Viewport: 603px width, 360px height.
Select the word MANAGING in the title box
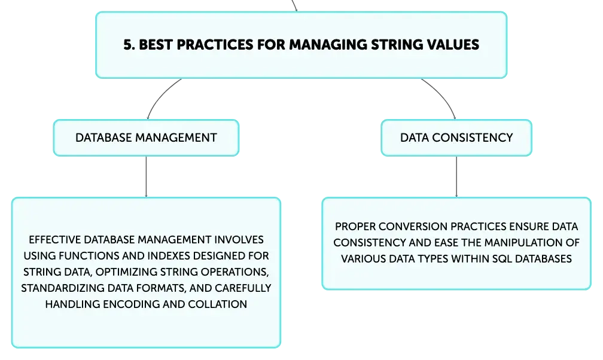[x=328, y=45]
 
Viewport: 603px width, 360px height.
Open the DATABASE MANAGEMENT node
[x=146, y=138]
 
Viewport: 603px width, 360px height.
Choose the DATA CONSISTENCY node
[x=456, y=138]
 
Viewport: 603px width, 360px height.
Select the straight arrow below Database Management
[x=146, y=176]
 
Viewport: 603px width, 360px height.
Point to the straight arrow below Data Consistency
[x=456, y=176]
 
